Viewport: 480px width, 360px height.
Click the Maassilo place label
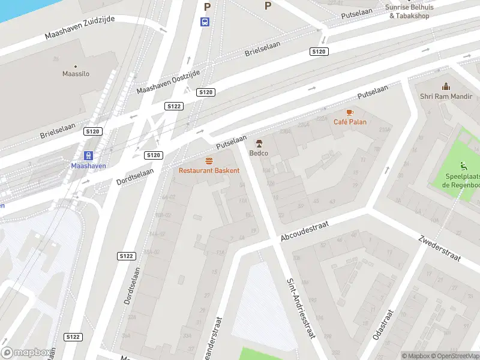(76, 74)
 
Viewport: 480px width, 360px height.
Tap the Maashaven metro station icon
(89, 155)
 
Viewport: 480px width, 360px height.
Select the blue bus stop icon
(205, 22)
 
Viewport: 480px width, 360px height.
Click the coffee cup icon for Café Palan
(350, 112)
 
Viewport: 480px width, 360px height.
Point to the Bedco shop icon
(259, 143)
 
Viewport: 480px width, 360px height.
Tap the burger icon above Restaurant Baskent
(209, 161)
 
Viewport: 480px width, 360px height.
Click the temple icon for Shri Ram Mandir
(445, 87)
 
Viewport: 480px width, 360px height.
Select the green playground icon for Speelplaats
(463, 166)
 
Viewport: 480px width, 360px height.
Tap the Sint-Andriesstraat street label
(300, 308)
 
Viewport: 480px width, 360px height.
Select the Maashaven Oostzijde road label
(167, 80)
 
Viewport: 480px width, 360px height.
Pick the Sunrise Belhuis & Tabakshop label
(409, 11)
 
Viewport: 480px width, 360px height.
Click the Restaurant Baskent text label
(209, 170)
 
